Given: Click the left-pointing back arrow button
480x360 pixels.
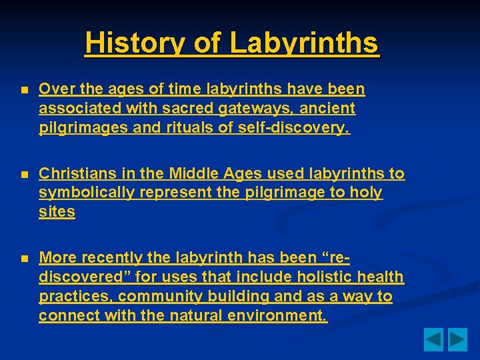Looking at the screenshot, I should [x=434, y=340].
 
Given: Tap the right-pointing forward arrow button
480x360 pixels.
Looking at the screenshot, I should [x=457, y=340].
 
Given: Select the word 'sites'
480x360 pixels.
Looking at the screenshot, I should [x=57, y=212].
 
